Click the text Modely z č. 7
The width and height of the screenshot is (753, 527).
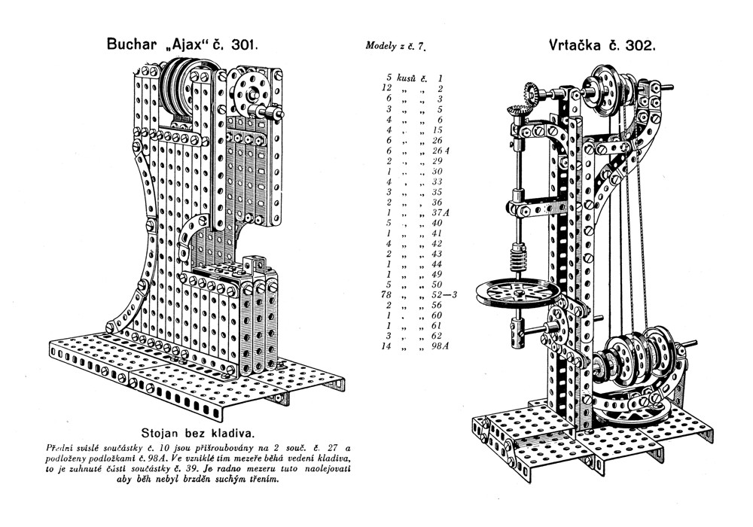pyautogui.click(x=396, y=47)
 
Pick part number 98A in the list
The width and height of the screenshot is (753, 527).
pyautogui.click(x=438, y=347)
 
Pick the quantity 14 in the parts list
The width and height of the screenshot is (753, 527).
pyautogui.click(x=387, y=347)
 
